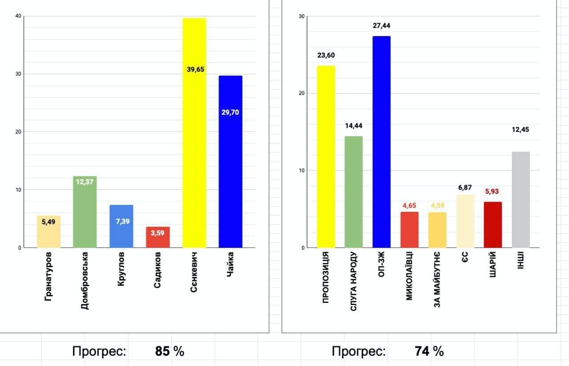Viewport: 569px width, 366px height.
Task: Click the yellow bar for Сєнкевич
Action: coord(194,134)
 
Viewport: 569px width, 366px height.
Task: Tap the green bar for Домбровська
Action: coord(84,214)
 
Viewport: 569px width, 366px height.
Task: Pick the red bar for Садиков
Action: coord(158,238)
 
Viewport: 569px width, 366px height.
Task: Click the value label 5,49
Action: coord(48,221)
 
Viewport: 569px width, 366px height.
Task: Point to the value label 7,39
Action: coord(121,221)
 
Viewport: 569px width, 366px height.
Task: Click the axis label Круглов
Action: coord(121,270)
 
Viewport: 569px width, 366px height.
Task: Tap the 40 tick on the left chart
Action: coord(18,16)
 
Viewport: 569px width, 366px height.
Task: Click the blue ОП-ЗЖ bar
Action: coord(381,142)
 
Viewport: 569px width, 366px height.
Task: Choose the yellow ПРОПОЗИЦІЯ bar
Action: coord(326,156)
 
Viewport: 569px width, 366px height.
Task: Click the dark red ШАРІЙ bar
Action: coord(493,225)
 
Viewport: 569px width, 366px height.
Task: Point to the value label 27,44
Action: coord(381,26)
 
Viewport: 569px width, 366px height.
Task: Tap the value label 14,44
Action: coord(354,126)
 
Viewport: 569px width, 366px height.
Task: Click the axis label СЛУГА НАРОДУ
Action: coord(354,281)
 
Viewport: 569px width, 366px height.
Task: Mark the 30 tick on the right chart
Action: coord(302,16)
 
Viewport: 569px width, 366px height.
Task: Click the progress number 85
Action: coord(162,352)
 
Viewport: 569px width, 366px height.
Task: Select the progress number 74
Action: coord(422,352)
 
